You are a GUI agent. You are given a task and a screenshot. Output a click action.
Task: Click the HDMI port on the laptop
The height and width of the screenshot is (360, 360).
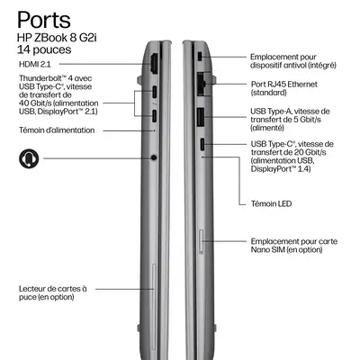tap(154, 64)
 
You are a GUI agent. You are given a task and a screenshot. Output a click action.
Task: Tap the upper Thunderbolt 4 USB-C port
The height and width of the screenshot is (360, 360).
tap(155, 92)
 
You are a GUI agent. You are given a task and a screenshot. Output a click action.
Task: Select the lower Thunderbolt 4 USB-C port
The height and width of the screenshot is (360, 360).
tap(155, 116)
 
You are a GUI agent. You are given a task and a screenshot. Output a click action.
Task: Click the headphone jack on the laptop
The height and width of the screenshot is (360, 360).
tap(154, 157)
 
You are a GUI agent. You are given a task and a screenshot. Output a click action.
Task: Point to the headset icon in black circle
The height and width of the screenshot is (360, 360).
tap(29, 158)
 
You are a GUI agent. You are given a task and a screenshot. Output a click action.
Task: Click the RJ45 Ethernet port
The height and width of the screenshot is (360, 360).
tap(202, 84)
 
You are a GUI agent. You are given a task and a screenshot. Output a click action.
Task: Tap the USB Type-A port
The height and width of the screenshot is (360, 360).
tap(201, 116)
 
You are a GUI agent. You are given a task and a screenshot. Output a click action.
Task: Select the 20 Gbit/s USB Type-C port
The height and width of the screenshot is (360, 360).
tap(202, 144)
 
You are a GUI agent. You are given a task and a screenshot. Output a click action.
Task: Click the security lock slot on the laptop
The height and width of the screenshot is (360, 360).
tap(201, 56)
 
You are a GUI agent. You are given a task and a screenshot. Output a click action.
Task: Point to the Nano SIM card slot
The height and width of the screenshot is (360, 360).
tap(202, 242)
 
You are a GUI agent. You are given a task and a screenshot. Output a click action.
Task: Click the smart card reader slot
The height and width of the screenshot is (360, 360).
tap(154, 307)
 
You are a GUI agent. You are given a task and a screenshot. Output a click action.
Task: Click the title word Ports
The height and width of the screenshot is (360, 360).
tap(44, 21)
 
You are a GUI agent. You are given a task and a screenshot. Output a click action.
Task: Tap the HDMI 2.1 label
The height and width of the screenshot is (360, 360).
tap(35, 64)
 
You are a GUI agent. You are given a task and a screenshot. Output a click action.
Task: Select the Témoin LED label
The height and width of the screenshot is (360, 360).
tap(271, 203)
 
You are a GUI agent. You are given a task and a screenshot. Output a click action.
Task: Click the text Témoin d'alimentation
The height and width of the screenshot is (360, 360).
tap(57, 130)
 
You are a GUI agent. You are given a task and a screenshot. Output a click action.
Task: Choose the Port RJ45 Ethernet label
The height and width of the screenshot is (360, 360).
tap(284, 85)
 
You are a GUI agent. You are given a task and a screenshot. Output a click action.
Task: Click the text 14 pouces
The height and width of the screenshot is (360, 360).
tap(44, 49)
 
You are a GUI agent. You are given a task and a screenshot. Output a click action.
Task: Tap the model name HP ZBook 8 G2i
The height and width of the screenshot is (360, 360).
tap(57, 38)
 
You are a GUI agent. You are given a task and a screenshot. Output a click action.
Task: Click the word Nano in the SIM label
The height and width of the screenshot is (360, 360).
tap(260, 249)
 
